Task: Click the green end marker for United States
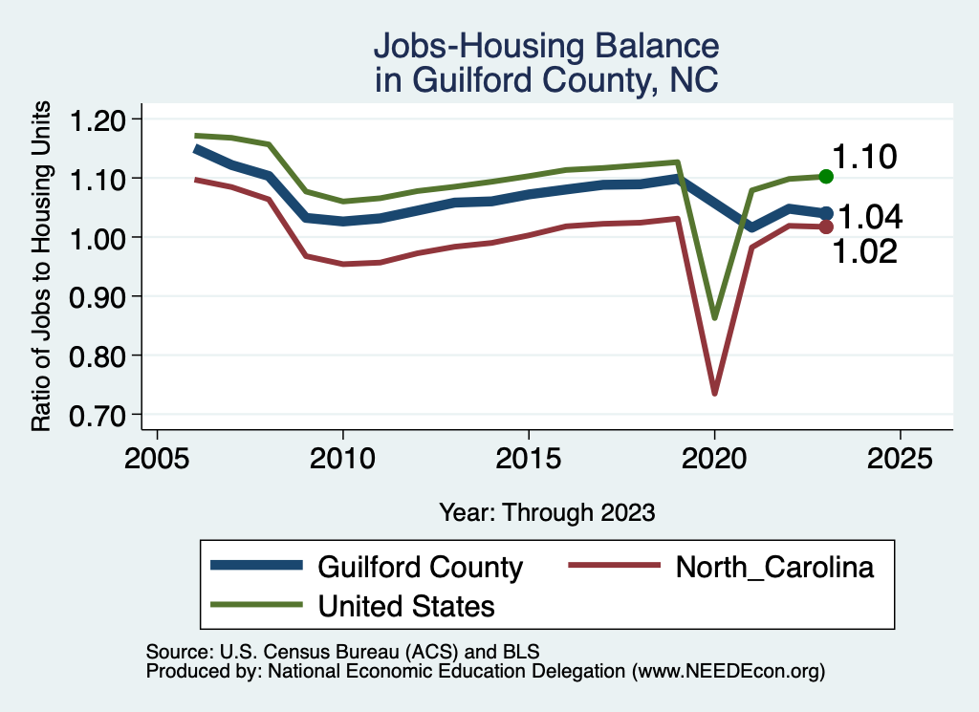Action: pyautogui.click(x=826, y=177)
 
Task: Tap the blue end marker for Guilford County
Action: pyautogui.click(x=826, y=213)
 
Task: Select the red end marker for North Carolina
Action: pyautogui.click(x=826, y=227)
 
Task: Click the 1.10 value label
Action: pyautogui.click(x=863, y=157)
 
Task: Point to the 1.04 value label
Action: pyautogui.click(x=870, y=218)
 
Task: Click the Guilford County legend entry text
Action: pyautogui.click(x=420, y=568)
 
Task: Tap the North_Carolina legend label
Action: pyautogui.click(x=774, y=568)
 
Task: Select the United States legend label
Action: pyautogui.click(x=406, y=605)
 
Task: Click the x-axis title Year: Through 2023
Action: pyautogui.click(x=547, y=512)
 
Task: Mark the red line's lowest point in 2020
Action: pyautogui.click(x=714, y=392)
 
